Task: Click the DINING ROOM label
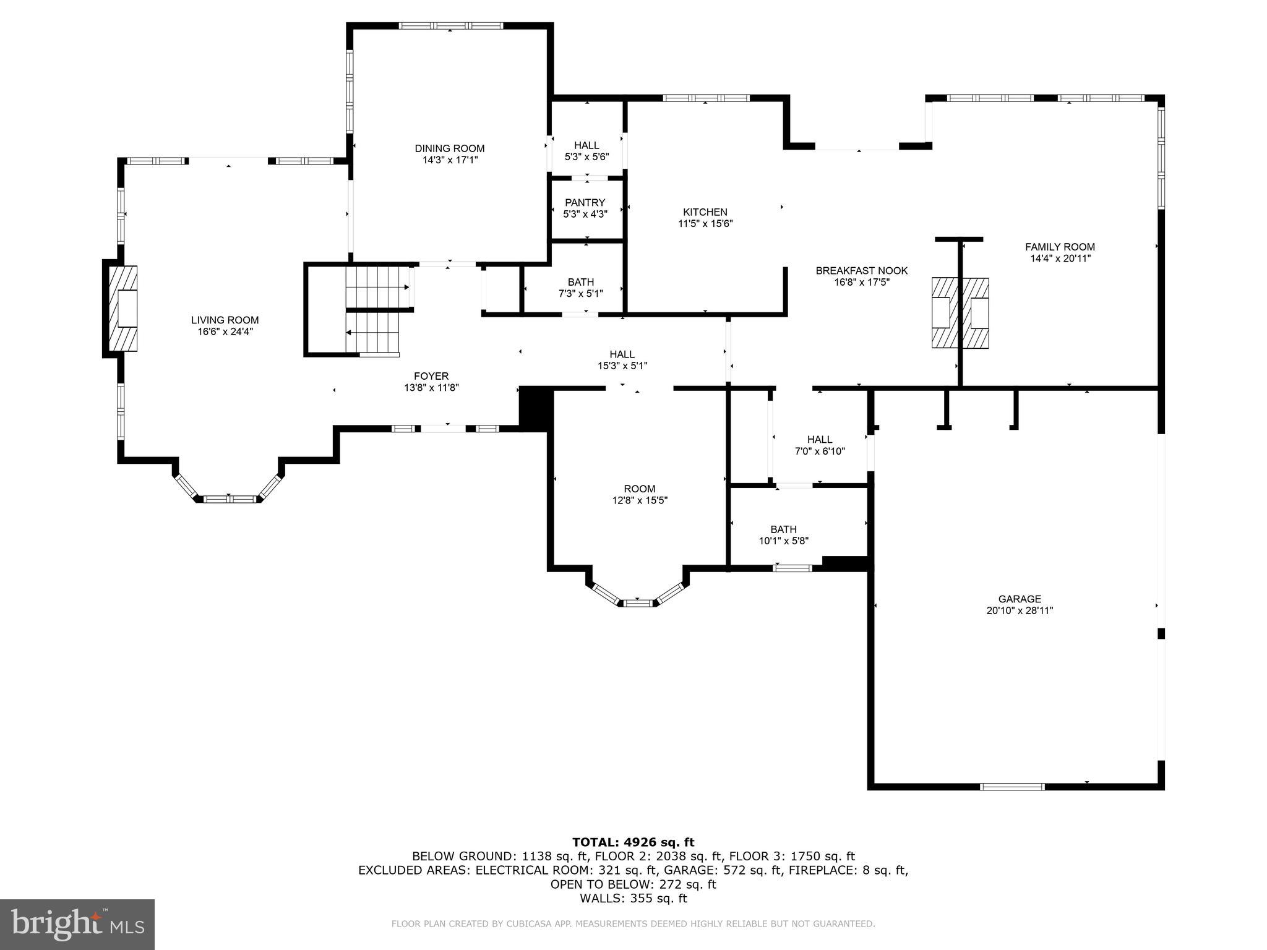[x=449, y=148]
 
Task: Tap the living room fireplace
[x=122, y=309]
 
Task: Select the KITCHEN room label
[x=705, y=212]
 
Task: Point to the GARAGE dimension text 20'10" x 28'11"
[x=1020, y=610]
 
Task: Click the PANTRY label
[x=585, y=203]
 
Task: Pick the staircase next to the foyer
[x=374, y=309]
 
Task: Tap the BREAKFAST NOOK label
[x=861, y=271]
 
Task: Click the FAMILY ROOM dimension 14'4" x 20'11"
[x=1060, y=259]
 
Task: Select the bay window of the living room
[x=229, y=497]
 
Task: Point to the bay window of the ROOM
[x=638, y=601]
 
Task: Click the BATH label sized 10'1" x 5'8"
[x=783, y=529]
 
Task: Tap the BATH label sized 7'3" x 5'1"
[x=580, y=282]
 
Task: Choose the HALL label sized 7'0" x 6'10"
[x=819, y=440]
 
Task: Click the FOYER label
[x=431, y=376]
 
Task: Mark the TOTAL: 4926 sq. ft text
[x=633, y=842]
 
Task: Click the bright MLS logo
[x=77, y=924]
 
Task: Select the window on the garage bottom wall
[x=1012, y=787]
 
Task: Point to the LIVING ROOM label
[x=225, y=320]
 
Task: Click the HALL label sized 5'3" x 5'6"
[x=586, y=145]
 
